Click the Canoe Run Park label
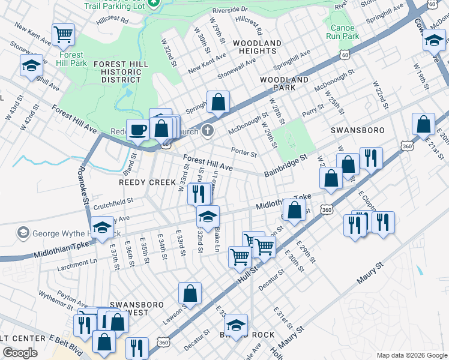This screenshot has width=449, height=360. pyautogui.click(x=342, y=31)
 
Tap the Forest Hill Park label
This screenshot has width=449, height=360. pyautogui.click(x=71, y=58)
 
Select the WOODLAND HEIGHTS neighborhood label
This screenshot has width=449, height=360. pyautogui.click(x=257, y=47)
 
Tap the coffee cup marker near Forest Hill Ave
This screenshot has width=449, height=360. pyautogui.click(x=138, y=130)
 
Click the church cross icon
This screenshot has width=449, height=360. pyautogui.click(x=208, y=130)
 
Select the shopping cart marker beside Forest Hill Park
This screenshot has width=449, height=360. pyautogui.click(x=63, y=34)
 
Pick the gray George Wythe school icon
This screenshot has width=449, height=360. pyautogui.click(x=23, y=232)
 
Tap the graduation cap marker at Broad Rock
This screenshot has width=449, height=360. pyautogui.click(x=237, y=325)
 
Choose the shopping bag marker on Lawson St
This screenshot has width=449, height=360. pyautogui.click(x=190, y=293)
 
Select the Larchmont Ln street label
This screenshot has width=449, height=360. pyautogui.click(x=76, y=262)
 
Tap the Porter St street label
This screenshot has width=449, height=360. pyautogui.click(x=244, y=152)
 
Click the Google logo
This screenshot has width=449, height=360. pyautogui.click(x=20, y=353)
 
